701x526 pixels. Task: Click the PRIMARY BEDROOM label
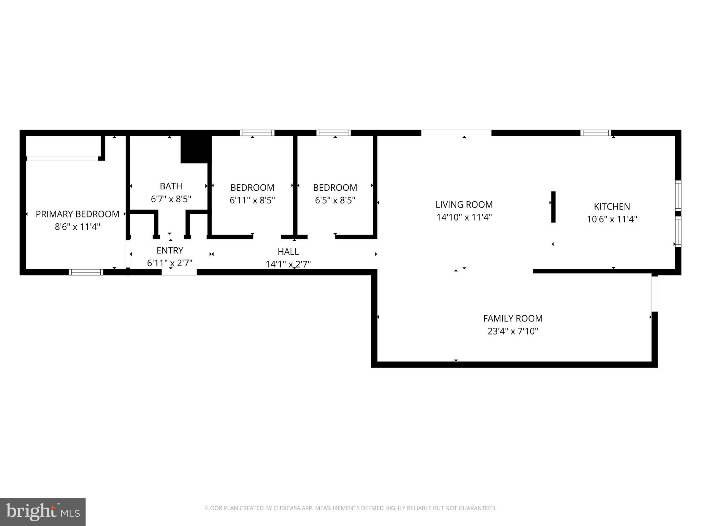[x=77, y=214]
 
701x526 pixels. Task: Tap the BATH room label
[x=171, y=186]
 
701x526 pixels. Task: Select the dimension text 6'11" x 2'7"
[x=170, y=263]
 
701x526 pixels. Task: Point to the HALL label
[x=288, y=252]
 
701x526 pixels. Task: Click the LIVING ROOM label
[x=464, y=205]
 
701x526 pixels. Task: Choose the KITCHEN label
[x=612, y=206]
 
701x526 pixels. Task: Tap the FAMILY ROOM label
[x=512, y=318]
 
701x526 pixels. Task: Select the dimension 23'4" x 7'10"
[x=512, y=331]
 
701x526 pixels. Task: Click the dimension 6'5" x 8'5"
[x=335, y=200]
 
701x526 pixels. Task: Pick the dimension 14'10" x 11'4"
[x=464, y=217]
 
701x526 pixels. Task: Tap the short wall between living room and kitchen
[x=553, y=207]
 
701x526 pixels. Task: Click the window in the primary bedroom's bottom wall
[x=86, y=272]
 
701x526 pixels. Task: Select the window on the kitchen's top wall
[x=596, y=133]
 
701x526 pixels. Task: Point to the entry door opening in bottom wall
[x=179, y=272]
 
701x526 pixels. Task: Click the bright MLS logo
[x=43, y=512]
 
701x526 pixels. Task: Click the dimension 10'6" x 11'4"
[x=612, y=219]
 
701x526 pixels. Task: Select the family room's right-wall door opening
[x=654, y=293]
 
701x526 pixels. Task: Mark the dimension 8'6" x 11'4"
[x=77, y=227]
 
